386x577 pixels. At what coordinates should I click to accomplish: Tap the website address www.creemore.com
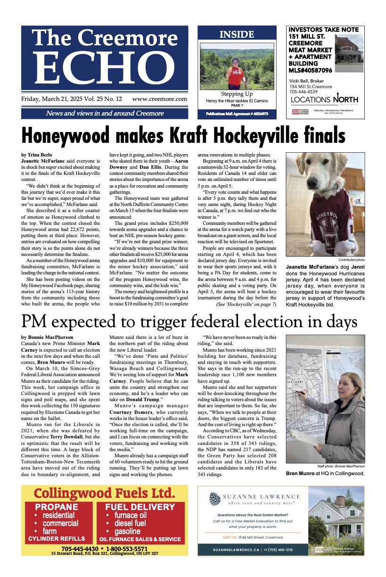coord(160,99)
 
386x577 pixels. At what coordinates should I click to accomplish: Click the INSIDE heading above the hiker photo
coord(237,34)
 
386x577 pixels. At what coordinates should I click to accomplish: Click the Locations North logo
coord(324,99)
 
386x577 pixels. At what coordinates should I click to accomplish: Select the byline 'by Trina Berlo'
coord(38,155)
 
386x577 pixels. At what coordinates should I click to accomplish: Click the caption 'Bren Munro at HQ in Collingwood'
coord(325,472)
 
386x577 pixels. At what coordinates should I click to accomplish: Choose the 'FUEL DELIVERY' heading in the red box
coord(140,507)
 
